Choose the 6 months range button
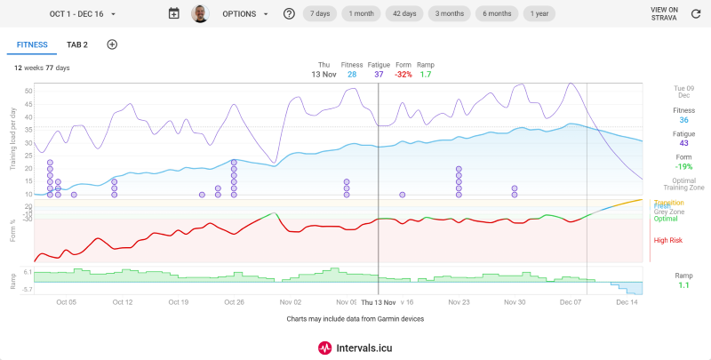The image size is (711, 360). [x=498, y=13]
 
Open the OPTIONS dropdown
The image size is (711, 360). [x=244, y=14]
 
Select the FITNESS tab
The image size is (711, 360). [x=32, y=44]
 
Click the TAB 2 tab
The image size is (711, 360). [x=77, y=44]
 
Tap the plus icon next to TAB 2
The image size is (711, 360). [x=112, y=44]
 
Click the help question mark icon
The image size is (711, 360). [x=289, y=14]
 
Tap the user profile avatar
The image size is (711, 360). [x=200, y=14]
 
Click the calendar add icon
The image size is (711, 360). [x=173, y=14]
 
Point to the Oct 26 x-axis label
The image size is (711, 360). [x=235, y=302]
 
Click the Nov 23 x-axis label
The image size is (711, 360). [x=459, y=302]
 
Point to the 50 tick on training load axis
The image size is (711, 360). [x=28, y=91]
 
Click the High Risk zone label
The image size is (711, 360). [x=667, y=240]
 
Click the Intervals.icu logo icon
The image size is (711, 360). [x=325, y=348]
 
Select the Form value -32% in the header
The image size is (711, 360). [x=403, y=75]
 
